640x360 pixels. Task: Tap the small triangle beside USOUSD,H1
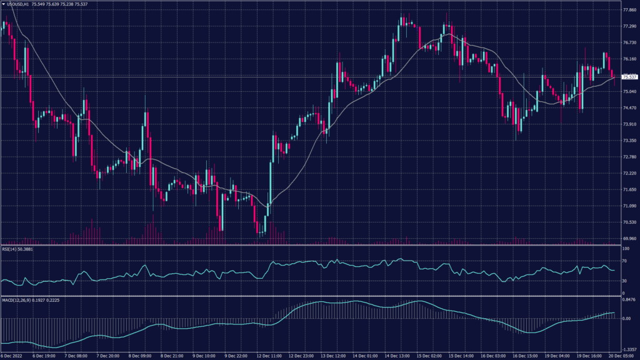tap(3, 4)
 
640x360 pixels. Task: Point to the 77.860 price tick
tap(629, 11)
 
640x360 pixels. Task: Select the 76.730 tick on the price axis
tap(629, 43)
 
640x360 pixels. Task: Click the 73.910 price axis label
tap(629, 124)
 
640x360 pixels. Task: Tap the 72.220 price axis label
tap(629, 173)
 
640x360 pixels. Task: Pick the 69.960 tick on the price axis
tap(629, 238)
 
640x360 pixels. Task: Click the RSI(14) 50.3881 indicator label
tap(17, 249)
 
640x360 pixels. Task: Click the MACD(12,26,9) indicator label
tap(19, 300)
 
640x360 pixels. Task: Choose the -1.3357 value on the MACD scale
tap(629, 350)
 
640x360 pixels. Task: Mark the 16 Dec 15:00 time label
tap(524, 356)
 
